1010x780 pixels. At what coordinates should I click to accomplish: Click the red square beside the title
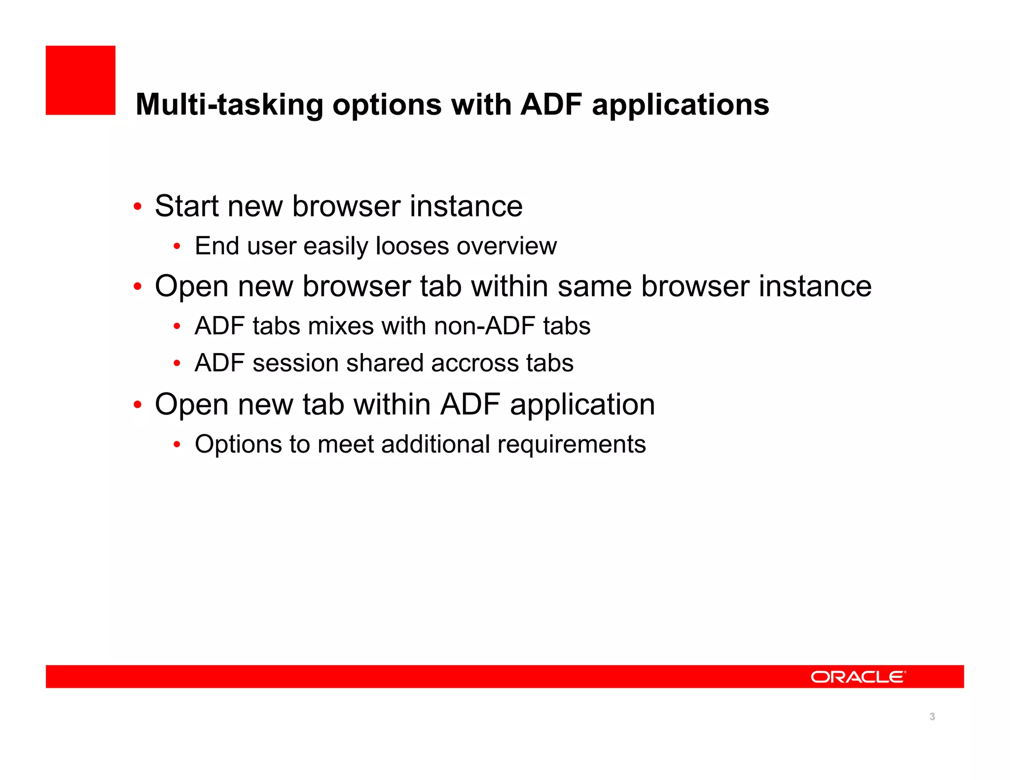pyautogui.click(x=80, y=80)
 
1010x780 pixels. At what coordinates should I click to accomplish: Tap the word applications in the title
pyautogui.click(x=680, y=105)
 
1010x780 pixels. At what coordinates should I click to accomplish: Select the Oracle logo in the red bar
pyautogui.click(x=858, y=676)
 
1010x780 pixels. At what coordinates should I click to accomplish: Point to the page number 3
pyautogui.click(x=932, y=716)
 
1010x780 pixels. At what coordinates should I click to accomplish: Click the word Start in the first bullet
pyautogui.click(x=186, y=206)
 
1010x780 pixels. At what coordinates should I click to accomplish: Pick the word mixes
pyautogui.click(x=341, y=326)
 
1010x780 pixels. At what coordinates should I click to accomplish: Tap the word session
pyautogui.click(x=295, y=363)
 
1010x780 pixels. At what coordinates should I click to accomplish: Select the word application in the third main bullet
pyautogui.click(x=582, y=405)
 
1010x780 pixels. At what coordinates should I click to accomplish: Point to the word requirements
pyautogui.click(x=572, y=444)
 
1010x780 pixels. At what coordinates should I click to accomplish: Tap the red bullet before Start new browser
pyautogui.click(x=138, y=207)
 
